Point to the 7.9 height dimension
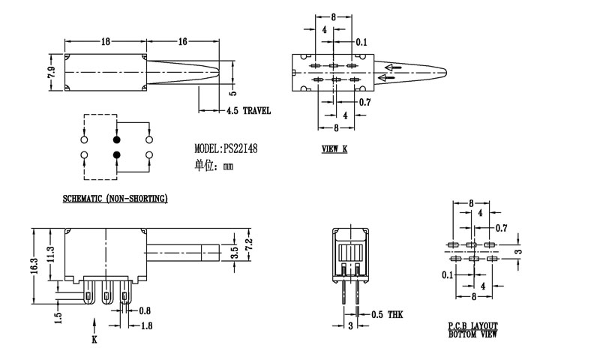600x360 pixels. pos(52,73)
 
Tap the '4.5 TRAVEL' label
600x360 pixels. pos(248,111)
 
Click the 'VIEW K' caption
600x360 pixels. pos(334,149)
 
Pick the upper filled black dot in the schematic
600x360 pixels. pos(116,140)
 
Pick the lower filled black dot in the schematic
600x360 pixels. pos(116,155)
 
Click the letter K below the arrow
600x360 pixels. pos(94,340)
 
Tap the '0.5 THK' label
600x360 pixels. pos(387,314)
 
